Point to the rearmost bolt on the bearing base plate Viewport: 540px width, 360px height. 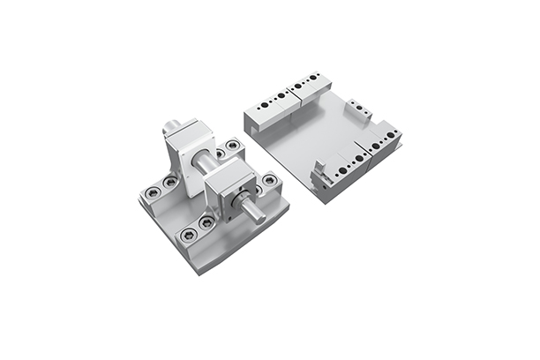pos(232,145)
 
